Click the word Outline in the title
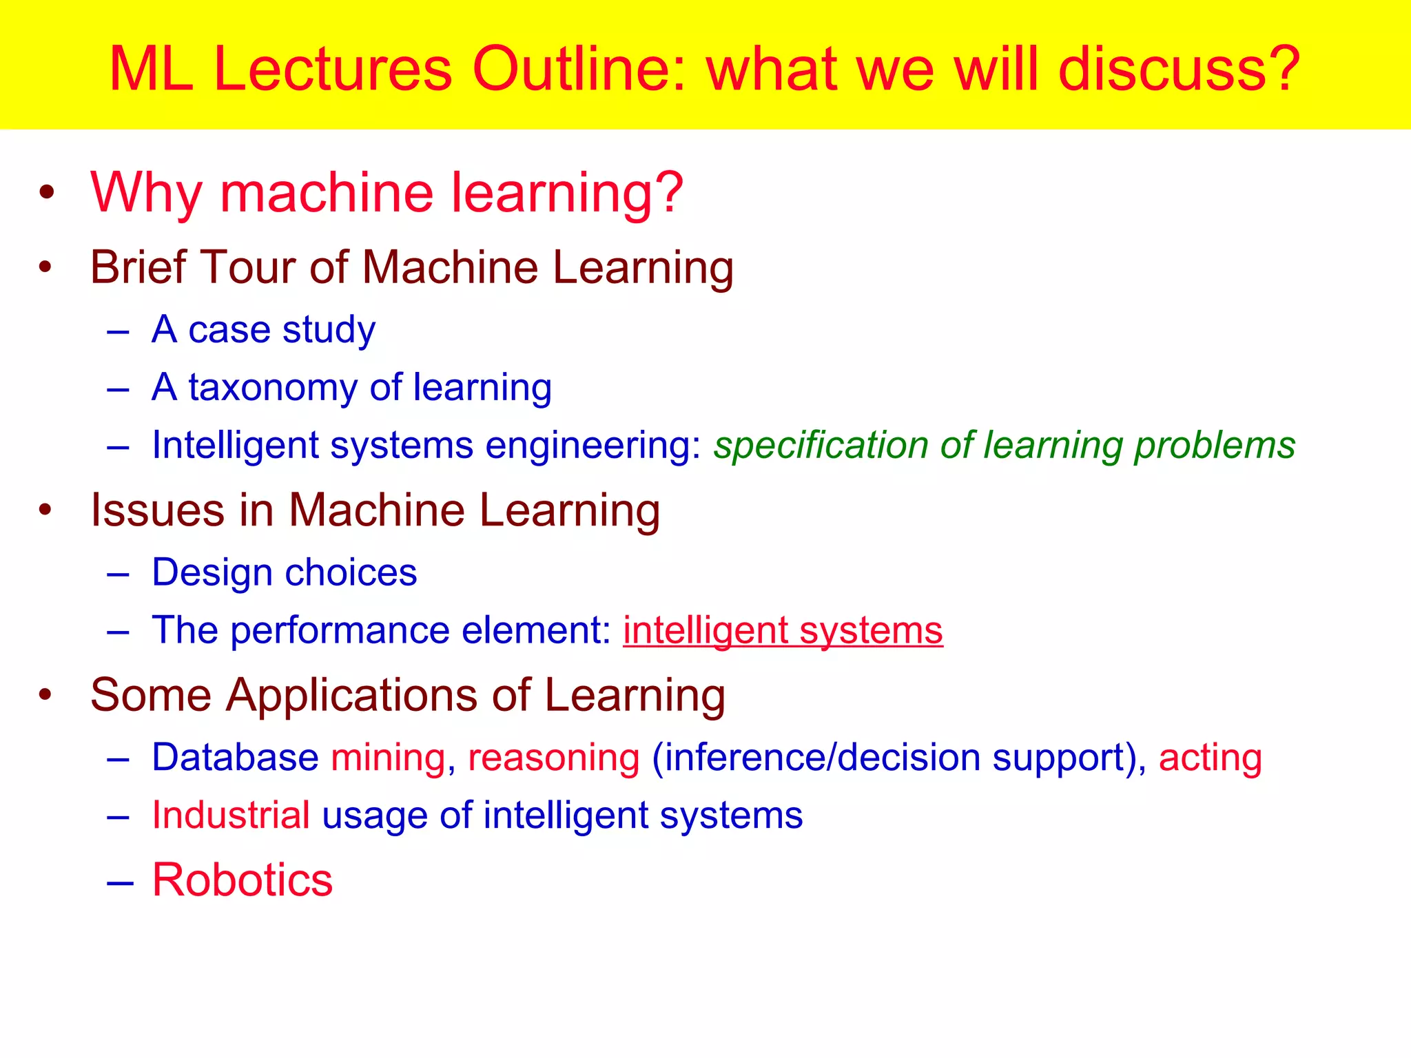click(x=579, y=69)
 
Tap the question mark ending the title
click(x=1282, y=69)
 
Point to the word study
click(x=329, y=330)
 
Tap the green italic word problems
click(x=1215, y=446)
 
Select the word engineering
click(x=593, y=446)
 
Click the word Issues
click(x=158, y=510)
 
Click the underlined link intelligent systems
click(x=783, y=630)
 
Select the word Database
click(x=235, y=758)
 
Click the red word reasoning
click(x=554, y=758)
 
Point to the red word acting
click(x=1210, y=758)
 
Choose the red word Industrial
click(x=231, y=816)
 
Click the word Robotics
click(x=242, y=880)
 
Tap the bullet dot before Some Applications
click(x=45, y=694)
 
